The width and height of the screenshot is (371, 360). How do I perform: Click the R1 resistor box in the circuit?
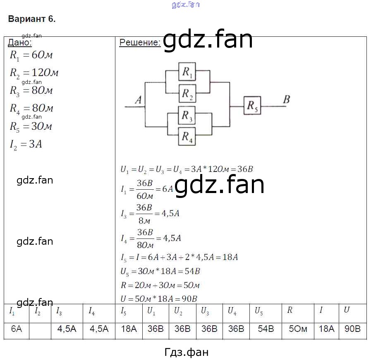187,72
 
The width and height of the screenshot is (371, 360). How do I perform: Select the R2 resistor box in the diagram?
187,93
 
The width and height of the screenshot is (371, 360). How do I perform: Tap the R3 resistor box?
187,115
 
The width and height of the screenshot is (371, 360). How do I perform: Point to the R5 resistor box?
252,105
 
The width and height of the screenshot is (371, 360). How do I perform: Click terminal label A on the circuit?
139,100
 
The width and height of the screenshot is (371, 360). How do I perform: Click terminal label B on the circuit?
286,99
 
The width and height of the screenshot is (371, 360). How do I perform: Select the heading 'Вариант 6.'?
31,19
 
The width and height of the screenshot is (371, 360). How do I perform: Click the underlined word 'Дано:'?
20,42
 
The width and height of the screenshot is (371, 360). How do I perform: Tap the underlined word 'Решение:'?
140,42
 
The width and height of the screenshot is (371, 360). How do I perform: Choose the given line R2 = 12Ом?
34,73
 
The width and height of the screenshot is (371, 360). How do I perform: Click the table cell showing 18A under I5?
129,329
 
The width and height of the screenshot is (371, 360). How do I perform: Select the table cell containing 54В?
266,329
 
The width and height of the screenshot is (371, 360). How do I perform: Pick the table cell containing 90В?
352,329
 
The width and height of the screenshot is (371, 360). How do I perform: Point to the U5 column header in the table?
259,311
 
